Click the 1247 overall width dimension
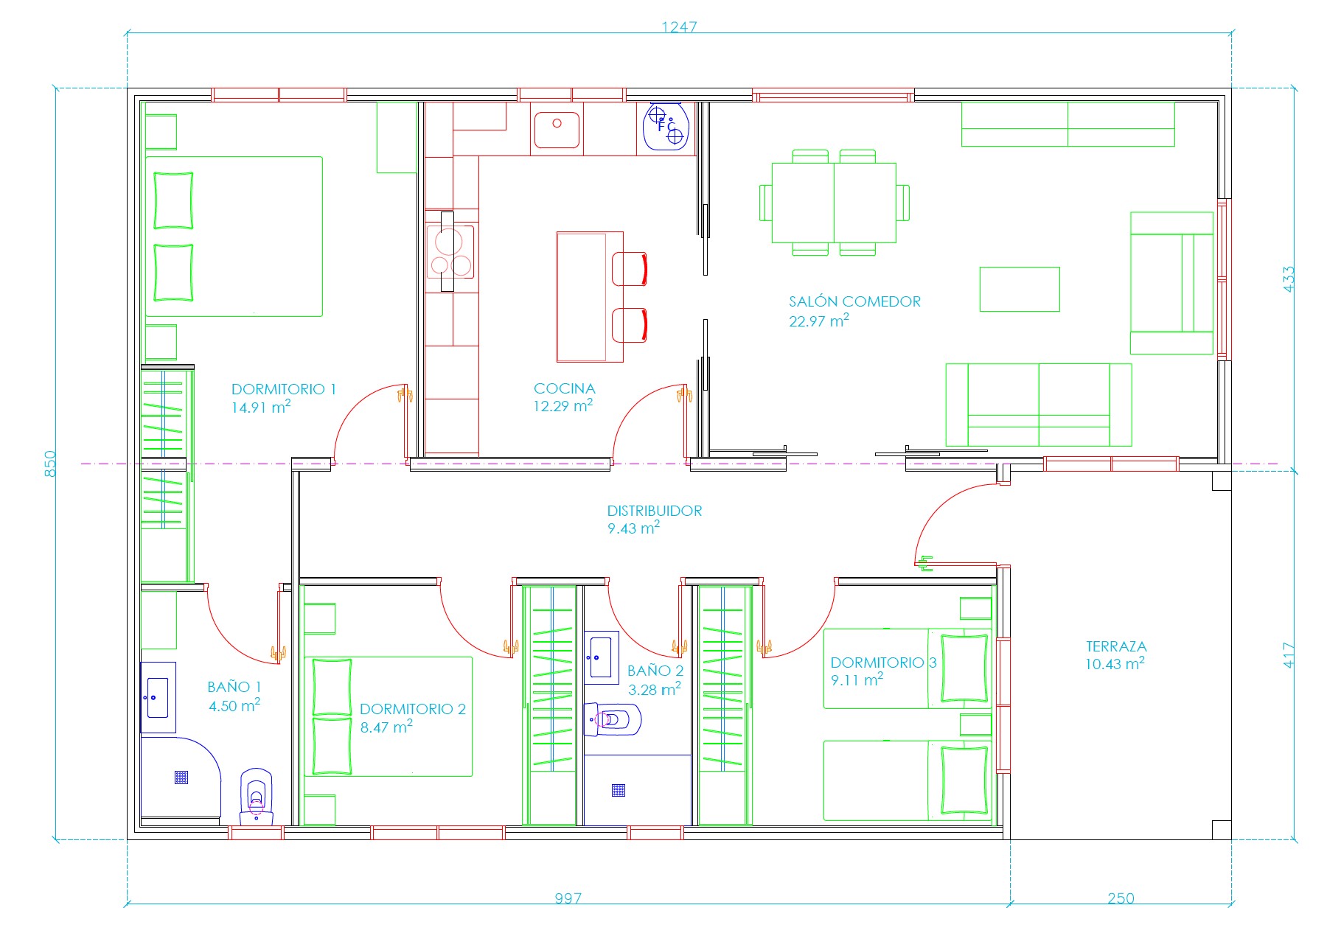point(678,27)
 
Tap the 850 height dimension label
point(50,464)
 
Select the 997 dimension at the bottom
point(568,898)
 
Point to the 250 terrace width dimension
point(1121,898)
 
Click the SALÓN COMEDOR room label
point(854,301)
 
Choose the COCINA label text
point(565,388)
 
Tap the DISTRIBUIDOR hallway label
point(655,511)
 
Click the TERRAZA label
point(1116,646)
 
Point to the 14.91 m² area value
point(261,407)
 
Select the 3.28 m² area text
point(655,690)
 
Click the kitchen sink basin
point(557,130)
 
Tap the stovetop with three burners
point(450,251)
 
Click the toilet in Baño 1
point(257,797)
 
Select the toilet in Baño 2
point(613,719)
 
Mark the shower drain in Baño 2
point(619,791)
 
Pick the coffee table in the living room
point(1020,289)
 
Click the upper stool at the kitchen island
point(630,269)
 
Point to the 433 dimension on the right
point(1289,279)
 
